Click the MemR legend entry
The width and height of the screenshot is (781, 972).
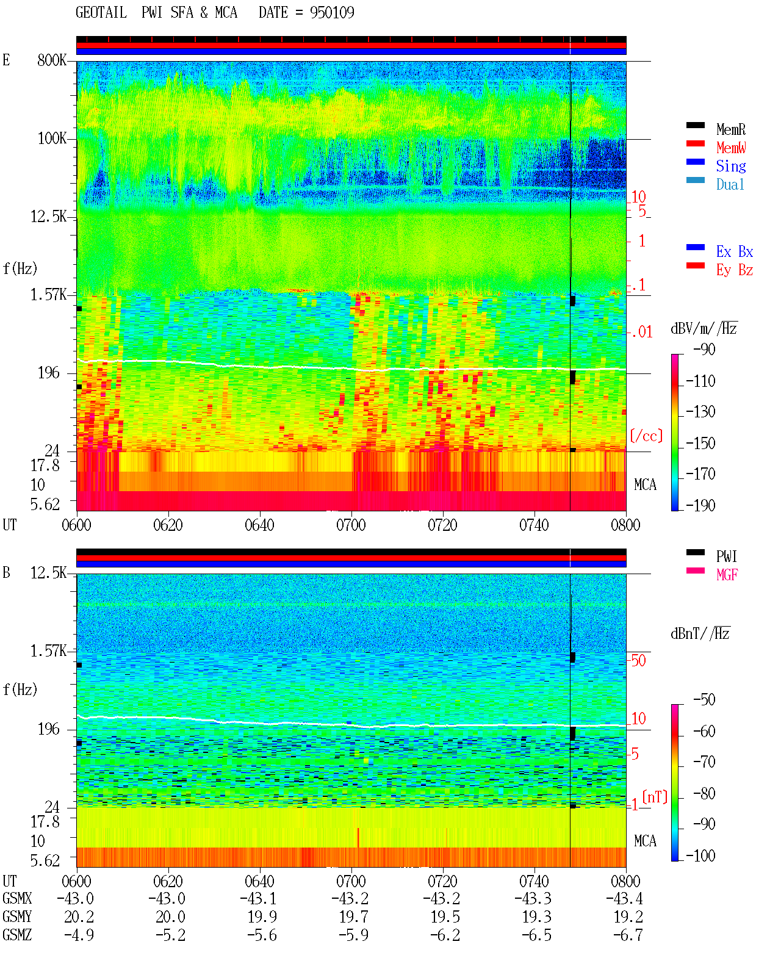(730, 129)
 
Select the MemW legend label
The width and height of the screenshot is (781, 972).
(731, 148)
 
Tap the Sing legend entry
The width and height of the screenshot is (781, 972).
(730, 166)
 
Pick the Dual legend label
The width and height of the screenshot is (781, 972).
(730, 184)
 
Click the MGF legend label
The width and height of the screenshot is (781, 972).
(727, 575)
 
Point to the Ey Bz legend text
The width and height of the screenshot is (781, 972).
(734, 270)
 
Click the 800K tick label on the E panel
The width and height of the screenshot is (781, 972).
(52, 60)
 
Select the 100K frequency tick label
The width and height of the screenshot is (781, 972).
(52, 139)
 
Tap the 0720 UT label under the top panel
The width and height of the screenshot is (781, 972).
(442, 525)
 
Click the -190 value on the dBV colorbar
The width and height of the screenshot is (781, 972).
(700, 505)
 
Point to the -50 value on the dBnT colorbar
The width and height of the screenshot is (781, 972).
(704, 700)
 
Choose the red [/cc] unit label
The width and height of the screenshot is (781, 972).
(646, 436)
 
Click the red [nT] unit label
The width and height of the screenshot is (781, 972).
(655, 797)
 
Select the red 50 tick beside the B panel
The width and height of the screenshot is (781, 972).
(638, 660)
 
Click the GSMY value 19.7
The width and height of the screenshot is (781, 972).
(354, 917)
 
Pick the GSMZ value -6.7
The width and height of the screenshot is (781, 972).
(627, 935)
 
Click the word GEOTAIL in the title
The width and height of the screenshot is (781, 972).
(101, 12)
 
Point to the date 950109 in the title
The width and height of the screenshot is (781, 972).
(332, 12)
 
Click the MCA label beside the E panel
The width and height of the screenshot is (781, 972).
(645, 484)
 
